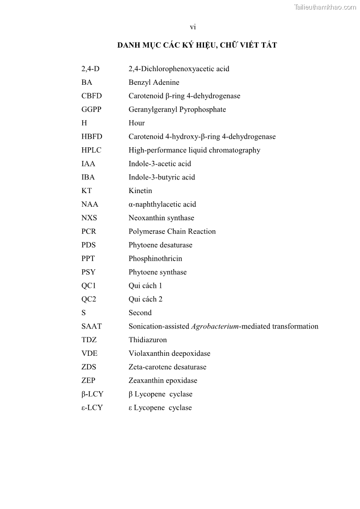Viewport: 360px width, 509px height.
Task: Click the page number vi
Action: [193, 28]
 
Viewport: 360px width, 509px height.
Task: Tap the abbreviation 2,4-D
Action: [90, 69]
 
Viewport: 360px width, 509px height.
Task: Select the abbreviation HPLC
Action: [91, 150]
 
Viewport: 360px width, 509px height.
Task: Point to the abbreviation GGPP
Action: [91, 110]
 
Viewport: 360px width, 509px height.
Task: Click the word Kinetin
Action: [140, 191]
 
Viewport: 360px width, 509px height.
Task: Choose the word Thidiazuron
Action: [147, 340]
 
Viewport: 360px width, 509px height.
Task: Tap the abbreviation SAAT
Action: [92, 326]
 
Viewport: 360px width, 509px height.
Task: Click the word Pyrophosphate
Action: [203, 110]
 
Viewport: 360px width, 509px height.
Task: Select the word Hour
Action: [136, 123]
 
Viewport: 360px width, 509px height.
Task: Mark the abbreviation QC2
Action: [89, 299]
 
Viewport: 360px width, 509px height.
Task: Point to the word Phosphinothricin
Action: [155, 259]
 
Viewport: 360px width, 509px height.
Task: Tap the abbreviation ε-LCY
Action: [92, 408]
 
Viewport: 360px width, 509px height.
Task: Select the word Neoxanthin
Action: [146, 218]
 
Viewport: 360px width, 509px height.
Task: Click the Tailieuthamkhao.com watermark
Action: [325, 7]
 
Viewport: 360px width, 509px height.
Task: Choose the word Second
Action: [140, 313]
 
